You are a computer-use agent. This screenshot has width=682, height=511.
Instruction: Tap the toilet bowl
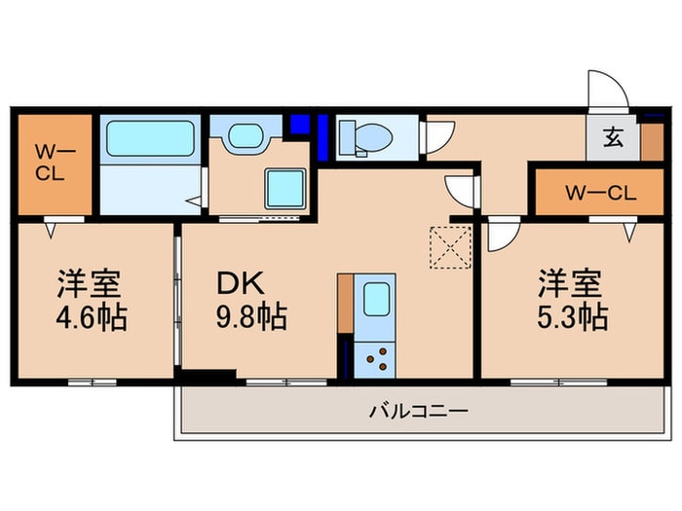coord(365,137)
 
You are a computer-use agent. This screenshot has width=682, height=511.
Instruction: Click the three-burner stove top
coord(374,358)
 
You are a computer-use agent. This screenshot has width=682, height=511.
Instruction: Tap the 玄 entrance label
coord(613,137)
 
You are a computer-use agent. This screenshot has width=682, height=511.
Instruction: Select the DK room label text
coord(233,283)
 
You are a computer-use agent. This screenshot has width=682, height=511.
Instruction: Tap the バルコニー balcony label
coord(418,411)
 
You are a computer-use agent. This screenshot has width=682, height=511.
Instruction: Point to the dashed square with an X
coord(451,246)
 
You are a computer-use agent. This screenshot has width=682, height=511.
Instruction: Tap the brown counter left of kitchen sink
coord(344,303)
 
